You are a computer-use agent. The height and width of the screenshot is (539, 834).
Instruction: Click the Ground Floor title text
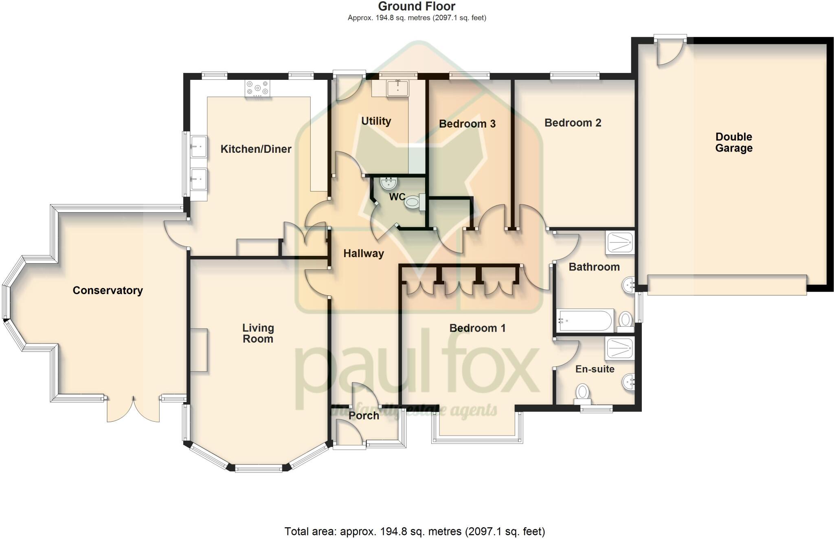pos(417,7)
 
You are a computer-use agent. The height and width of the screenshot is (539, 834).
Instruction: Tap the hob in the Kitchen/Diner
pos(257,88)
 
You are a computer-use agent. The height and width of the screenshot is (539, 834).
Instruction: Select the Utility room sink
pos(397,88)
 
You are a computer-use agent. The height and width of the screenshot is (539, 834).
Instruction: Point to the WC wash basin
pos(388,183)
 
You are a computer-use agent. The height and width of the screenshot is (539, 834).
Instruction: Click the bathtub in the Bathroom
pos(585,321)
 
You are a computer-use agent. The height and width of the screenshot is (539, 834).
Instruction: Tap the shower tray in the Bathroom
pos(620,243)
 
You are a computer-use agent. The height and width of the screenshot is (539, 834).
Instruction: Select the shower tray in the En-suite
pos(620,349)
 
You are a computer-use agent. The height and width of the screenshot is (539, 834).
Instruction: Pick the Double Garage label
pos(734,142)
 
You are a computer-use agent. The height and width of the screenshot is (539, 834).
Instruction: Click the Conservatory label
pos(108,290)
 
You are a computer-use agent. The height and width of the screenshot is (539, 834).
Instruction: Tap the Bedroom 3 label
pos(467,124)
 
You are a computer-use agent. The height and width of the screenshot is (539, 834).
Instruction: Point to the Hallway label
pos(363,253)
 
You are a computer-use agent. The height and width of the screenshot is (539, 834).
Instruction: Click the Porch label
pos(364,416)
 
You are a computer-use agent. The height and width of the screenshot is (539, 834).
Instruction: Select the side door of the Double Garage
pos(670,52)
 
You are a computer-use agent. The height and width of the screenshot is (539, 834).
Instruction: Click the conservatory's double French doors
pos(133,409)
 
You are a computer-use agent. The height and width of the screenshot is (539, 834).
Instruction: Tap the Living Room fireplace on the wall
pos(199,350)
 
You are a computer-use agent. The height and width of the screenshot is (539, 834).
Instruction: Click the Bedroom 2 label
pos(573,123)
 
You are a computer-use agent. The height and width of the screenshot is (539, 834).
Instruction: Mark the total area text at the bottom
pos(414,531)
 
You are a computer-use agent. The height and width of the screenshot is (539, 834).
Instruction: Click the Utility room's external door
pos(349,87)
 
